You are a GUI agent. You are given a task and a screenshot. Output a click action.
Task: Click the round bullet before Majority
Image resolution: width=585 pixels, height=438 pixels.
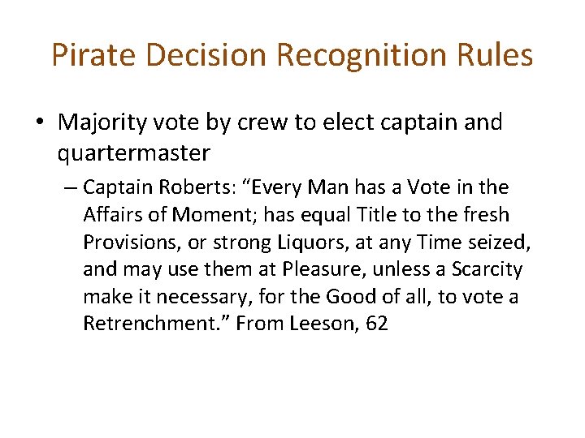pyautogui.click(x=40, y=123)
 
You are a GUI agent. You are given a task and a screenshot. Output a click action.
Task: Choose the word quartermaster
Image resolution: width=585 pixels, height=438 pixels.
pyautogui.click(x=134, y=152)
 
